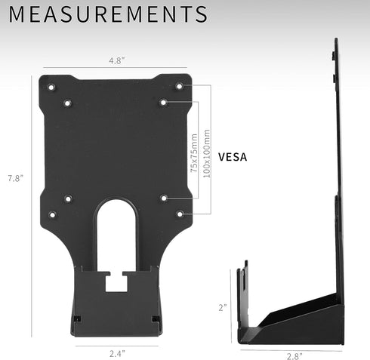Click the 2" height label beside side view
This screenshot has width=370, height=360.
[222, 307]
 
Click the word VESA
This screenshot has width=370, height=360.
[234, 158]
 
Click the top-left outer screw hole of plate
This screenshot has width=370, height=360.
[51, 87]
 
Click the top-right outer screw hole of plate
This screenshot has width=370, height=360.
[179, 87]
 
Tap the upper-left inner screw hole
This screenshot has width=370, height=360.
[67, 101]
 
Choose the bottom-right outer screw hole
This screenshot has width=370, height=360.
[179, 214]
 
